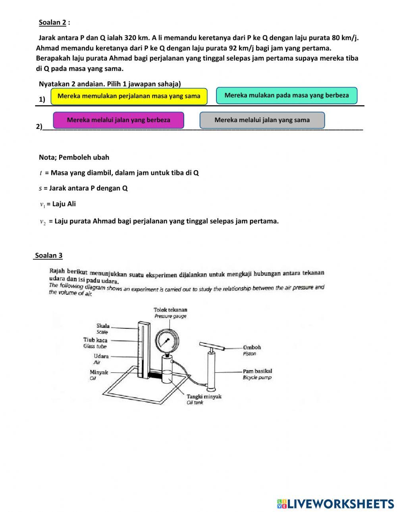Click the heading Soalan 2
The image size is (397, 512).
(52, 22)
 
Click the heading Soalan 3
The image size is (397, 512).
(48, 255)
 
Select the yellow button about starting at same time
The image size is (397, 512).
(129, 96)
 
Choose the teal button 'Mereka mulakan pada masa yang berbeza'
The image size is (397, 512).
(286, 95)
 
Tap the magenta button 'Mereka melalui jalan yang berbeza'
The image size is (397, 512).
(118, 120)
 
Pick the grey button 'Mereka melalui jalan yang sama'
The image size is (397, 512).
(262, 120)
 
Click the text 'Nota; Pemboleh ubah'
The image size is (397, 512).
(74, 157)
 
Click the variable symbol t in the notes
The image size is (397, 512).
(41, 173)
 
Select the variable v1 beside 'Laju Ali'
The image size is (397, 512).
(42, 204)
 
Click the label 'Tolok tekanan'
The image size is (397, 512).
(170, 310)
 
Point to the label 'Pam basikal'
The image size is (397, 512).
(257, 371)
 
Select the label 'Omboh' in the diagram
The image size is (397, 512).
(252, 347)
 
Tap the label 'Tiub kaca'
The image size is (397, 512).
(95, 340)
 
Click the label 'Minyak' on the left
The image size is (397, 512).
(98, 372)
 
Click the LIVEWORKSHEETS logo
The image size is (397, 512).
(335, 503)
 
